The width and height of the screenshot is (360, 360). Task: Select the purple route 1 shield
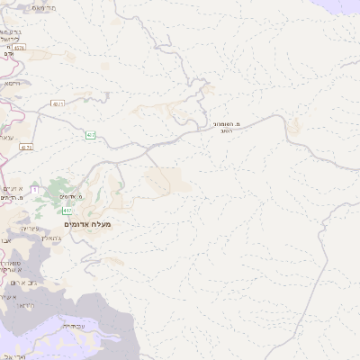pyautogui.click(x=34, y=191)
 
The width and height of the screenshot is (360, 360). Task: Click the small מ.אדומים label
pyautogui.click(x=68, y=196)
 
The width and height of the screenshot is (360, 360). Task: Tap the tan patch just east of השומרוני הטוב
pyautogui.click(x=293, y=127)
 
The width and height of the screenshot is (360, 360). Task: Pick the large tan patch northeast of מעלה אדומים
pyautogui.click(x=166, y=180)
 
